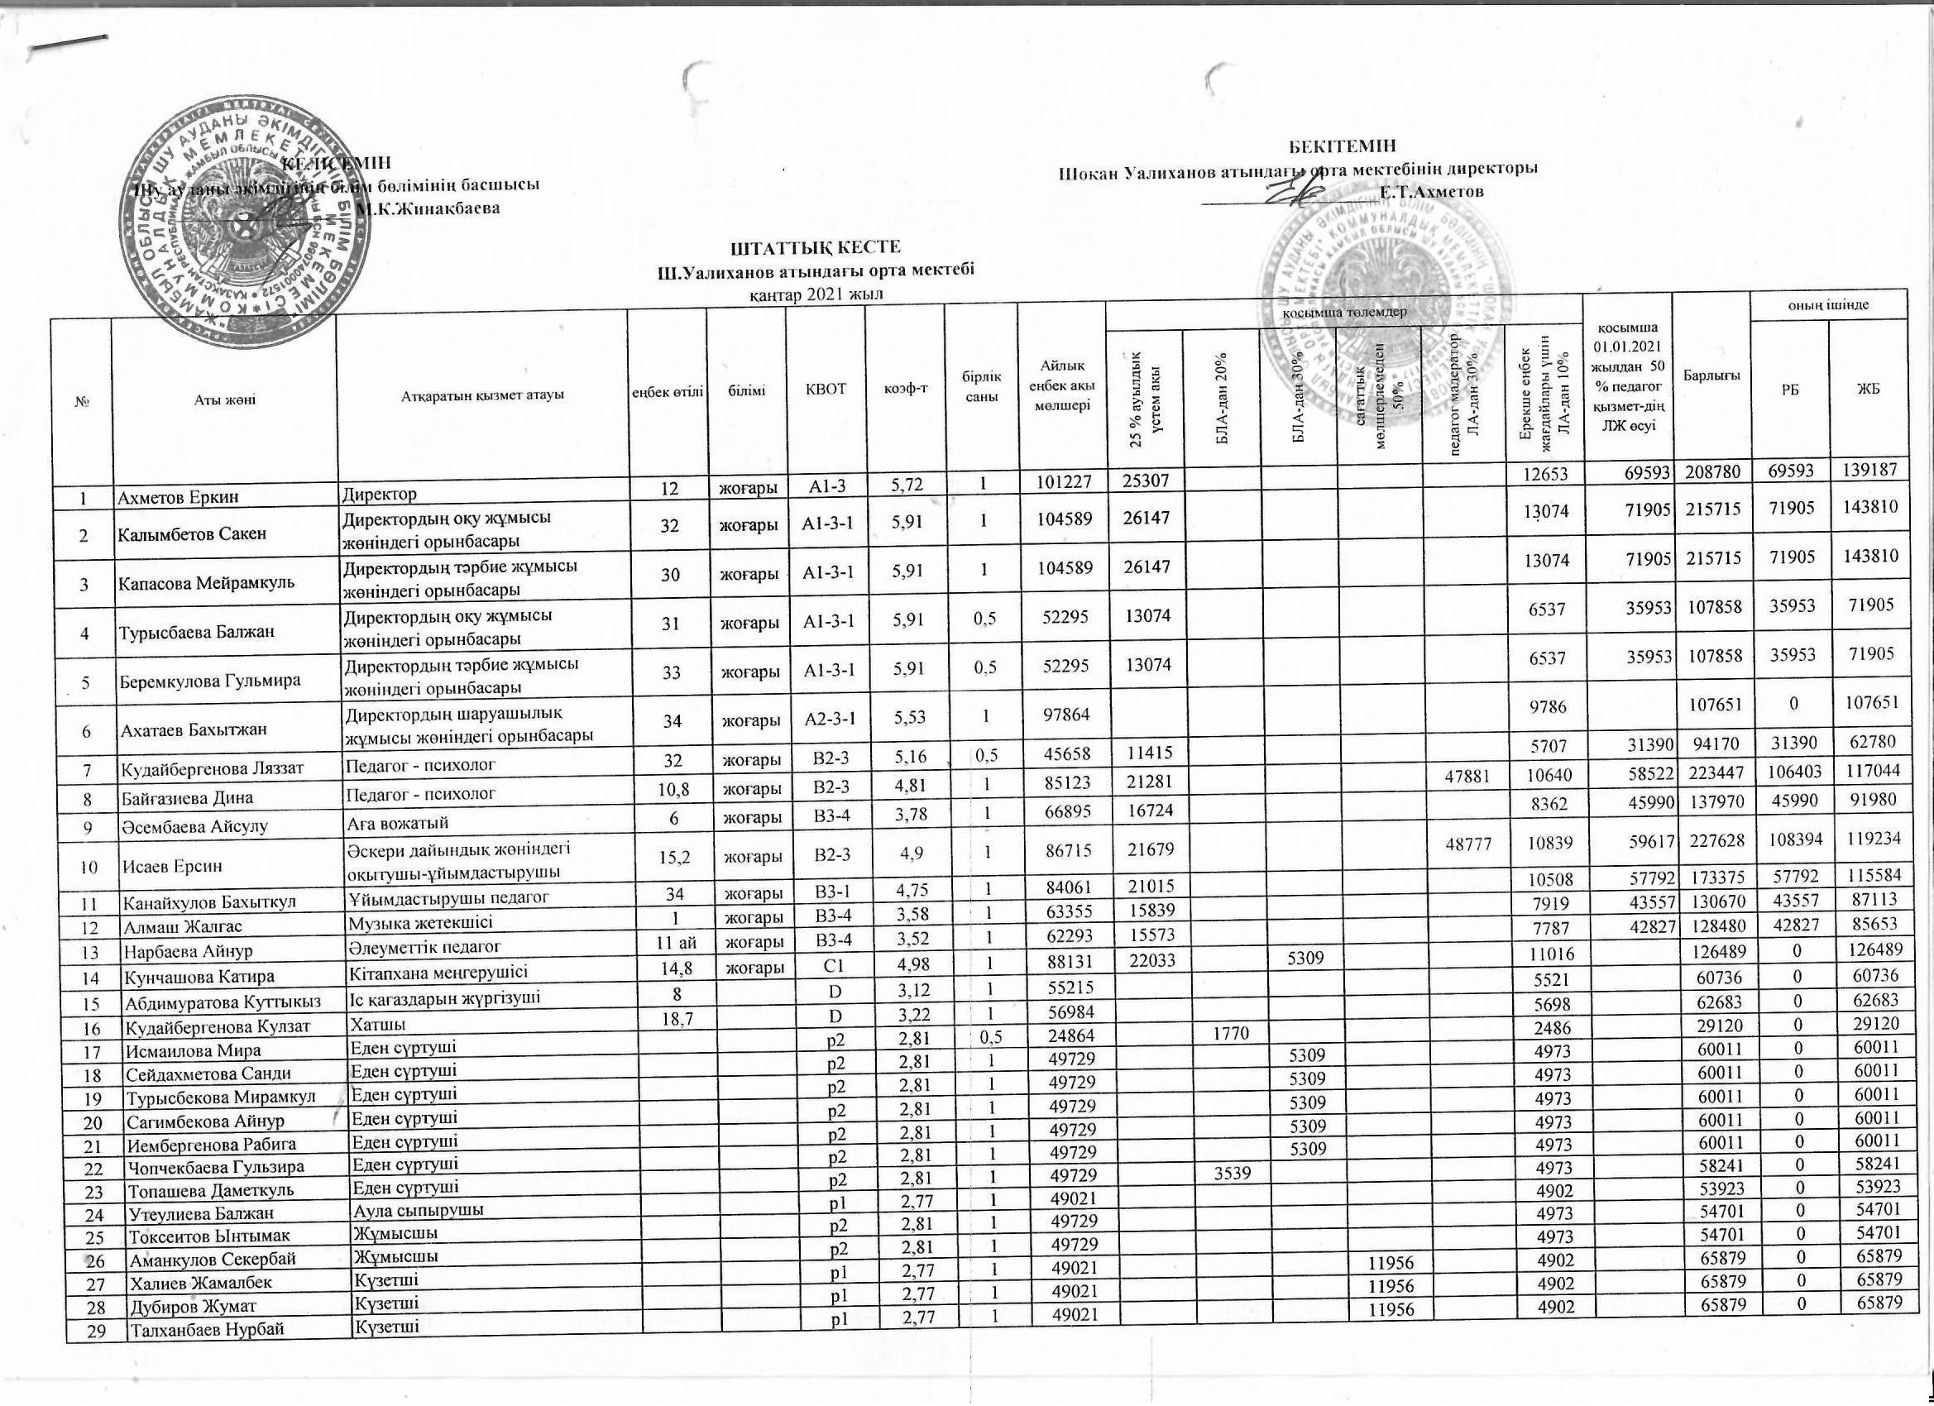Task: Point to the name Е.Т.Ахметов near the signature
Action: click(x=1432, y=192)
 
